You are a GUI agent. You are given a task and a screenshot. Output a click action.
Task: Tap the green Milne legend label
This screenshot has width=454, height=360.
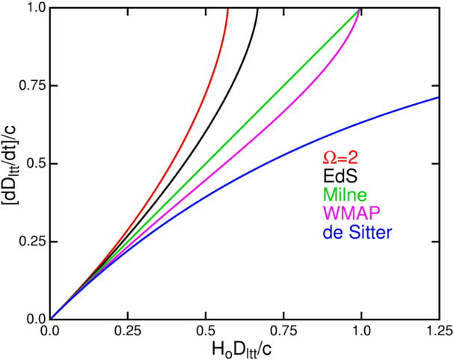pos(340,196)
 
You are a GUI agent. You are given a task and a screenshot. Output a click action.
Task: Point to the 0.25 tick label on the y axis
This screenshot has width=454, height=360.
pos(31,241)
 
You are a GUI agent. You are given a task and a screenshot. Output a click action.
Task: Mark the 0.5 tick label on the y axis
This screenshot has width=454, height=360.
pos(34,164)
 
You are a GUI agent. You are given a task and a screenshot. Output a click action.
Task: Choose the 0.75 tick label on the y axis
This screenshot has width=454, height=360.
pos(31,86)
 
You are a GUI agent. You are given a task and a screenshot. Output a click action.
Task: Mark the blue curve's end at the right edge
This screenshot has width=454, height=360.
pos(438,97)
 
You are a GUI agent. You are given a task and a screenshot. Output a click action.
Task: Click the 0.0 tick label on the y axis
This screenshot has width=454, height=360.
pos(34,319)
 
